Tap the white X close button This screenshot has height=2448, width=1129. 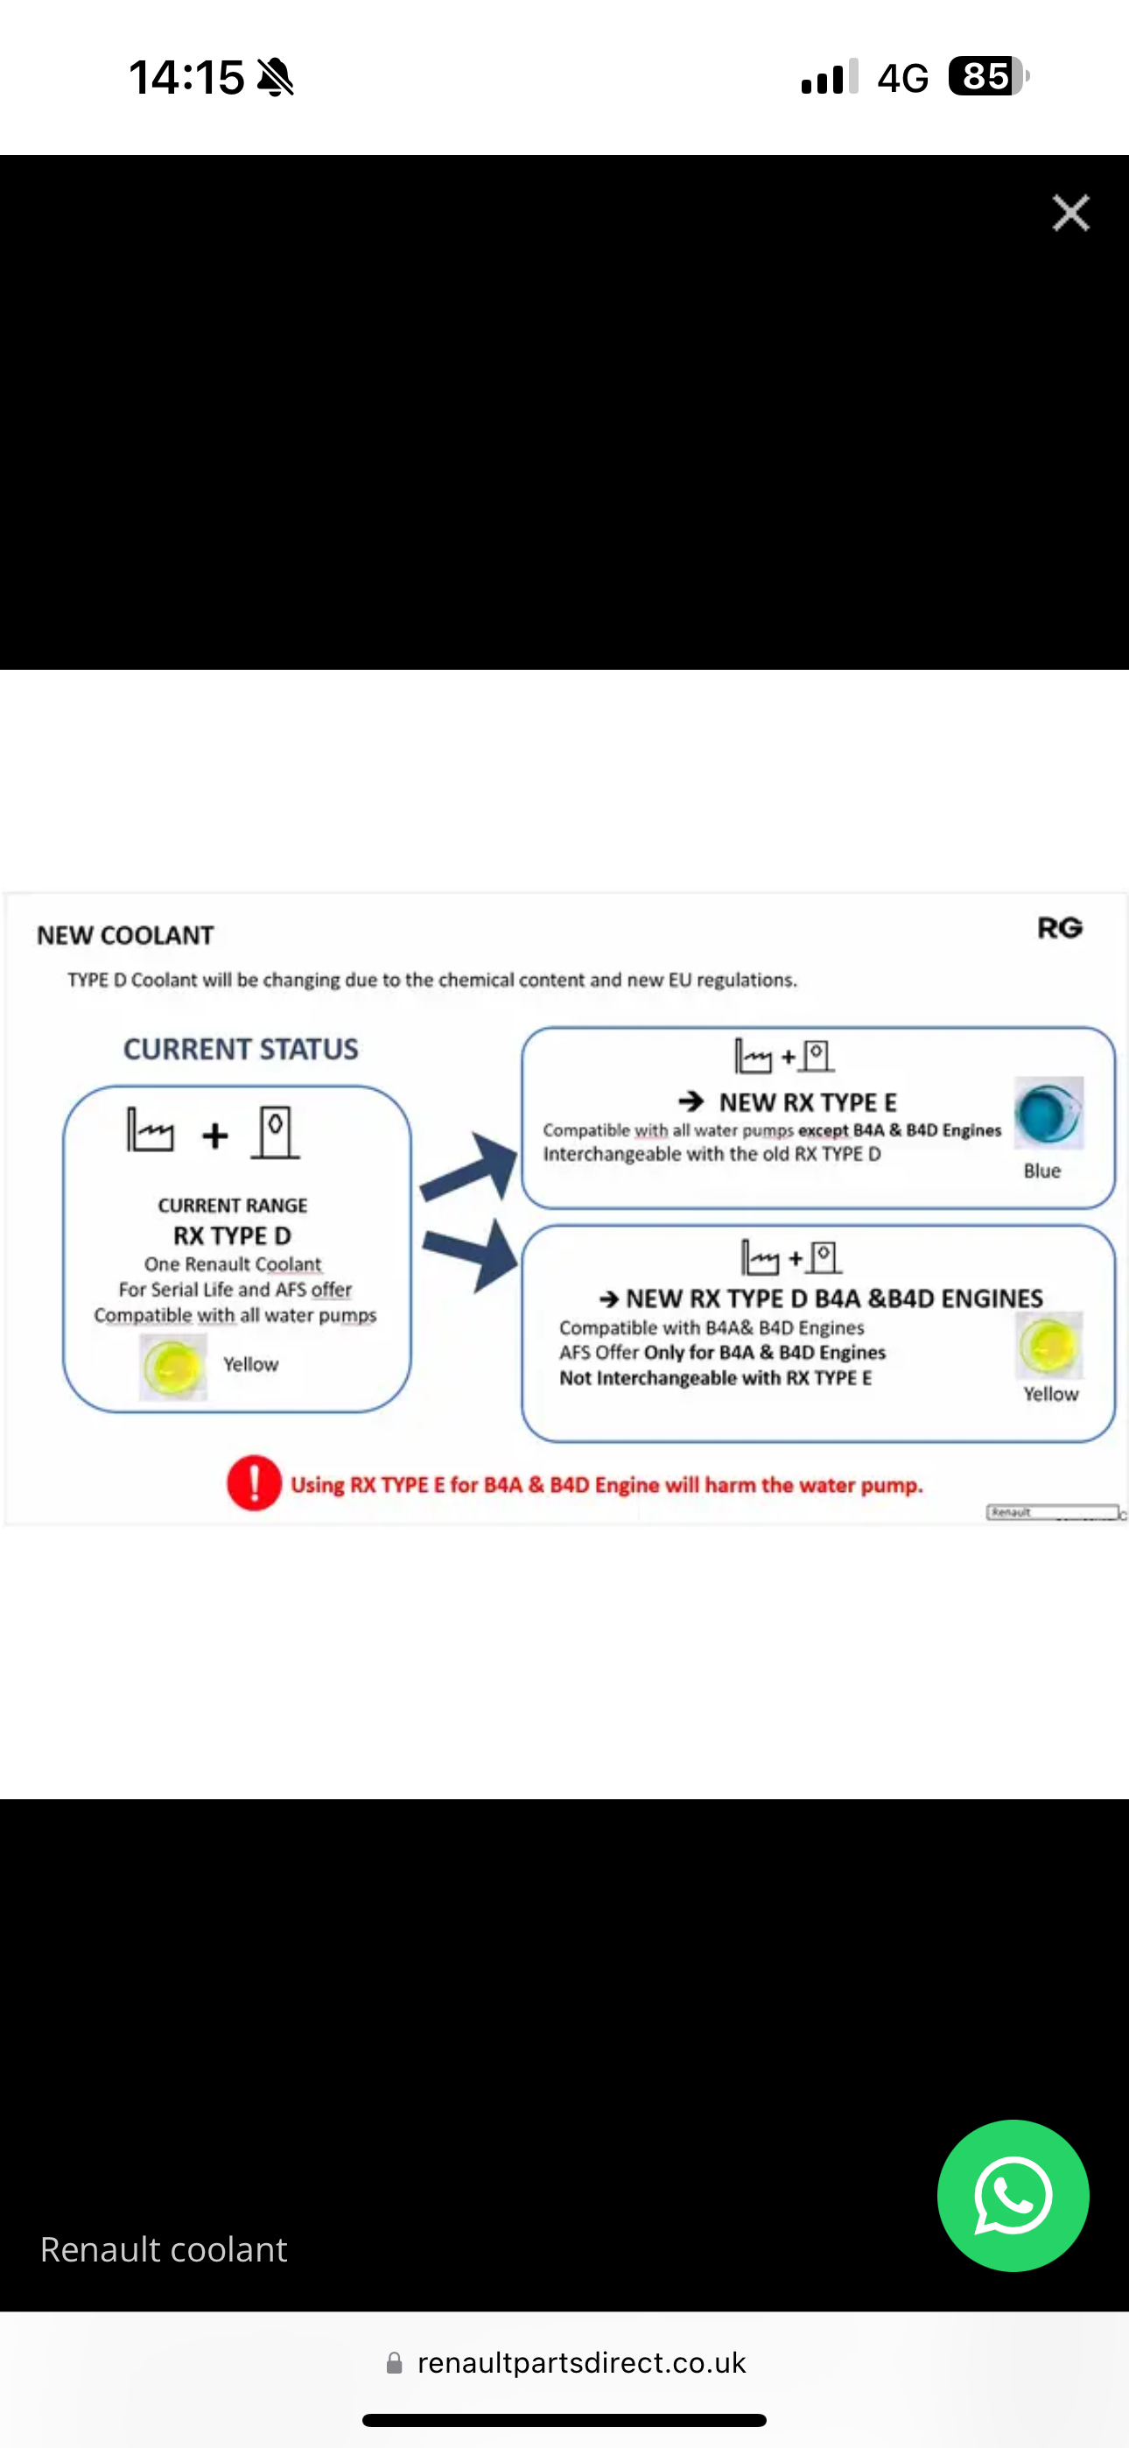(x=1070, y=213)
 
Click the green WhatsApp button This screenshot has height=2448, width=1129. (x=1013, y=2195)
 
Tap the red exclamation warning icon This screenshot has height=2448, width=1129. (x=254, y=1482)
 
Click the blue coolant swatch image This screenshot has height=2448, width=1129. (x=1048, y=1113)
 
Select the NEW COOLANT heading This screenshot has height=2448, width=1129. (x=125, y=935)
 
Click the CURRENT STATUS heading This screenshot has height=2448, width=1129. (x=241, y=1049)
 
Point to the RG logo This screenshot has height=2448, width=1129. (x=1060, y=927)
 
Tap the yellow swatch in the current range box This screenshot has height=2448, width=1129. (x=173, y=1367)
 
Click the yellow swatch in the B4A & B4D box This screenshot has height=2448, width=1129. (x=1049, y=1345)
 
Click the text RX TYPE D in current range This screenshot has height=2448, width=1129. (x=232, y=1235)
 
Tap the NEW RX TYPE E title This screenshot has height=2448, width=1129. (x=807, y=1102)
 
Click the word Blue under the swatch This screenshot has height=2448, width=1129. (x=1041, y=1171)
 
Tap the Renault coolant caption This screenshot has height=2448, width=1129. (x=164, y=2249)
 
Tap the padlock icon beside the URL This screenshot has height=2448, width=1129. (x=395, y=2363)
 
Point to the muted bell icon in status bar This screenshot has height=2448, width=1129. (x=276, y=77)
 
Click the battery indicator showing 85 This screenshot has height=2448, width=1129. (x=987, y=76)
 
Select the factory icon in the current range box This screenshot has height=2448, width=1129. (x=151, y=1130)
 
